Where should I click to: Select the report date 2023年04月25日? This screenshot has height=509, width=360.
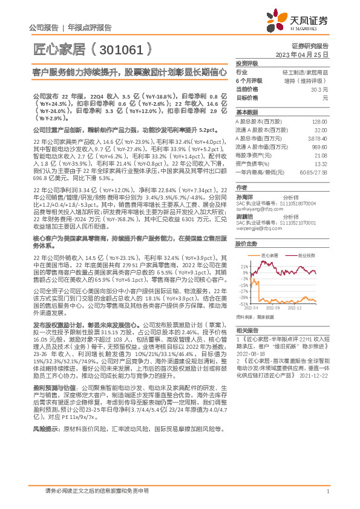[306, 54]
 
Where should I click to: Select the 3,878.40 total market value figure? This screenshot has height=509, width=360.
[318, 138]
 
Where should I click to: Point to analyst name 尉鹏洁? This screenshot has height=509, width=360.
[244, 216]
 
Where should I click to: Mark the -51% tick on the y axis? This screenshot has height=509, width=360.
[244, 305]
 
